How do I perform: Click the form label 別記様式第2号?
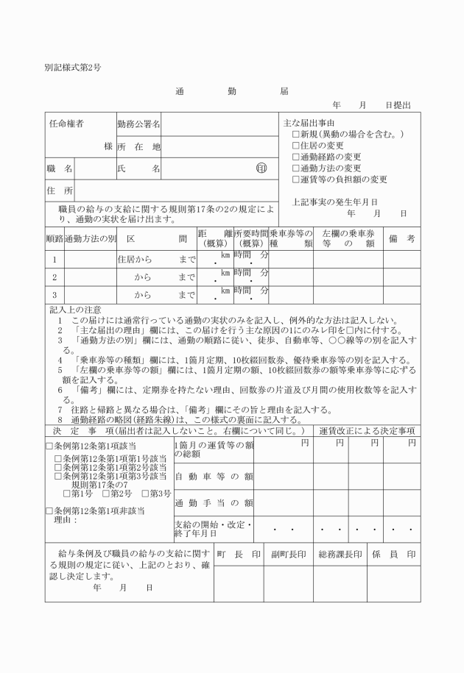73,67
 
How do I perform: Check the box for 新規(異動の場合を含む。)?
296,135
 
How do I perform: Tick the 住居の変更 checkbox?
296,146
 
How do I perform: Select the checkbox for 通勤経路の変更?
296,157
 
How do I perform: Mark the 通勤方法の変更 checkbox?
296,168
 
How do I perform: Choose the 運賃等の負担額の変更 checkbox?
296,179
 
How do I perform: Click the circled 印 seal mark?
261,168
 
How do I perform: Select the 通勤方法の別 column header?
91,239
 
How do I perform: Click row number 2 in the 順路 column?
53,277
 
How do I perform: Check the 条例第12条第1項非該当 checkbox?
49,510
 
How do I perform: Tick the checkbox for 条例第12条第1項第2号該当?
59,466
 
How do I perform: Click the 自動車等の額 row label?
214,477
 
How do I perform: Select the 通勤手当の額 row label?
214,503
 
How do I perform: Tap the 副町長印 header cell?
288,554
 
